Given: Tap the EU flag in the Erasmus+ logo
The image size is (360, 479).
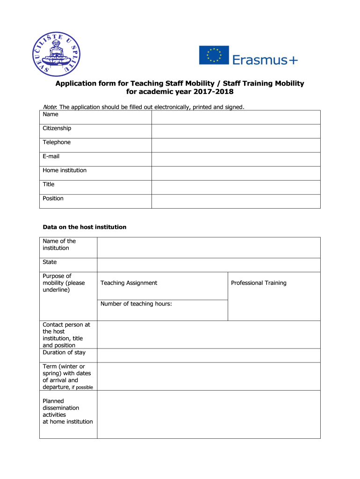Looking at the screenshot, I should point(214,55).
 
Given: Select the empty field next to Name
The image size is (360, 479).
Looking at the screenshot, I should point(236,117).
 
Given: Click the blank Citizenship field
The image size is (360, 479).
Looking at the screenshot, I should point(236,131).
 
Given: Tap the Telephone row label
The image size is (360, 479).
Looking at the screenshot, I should point(57,142).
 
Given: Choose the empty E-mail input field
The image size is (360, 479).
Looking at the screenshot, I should point(236,160).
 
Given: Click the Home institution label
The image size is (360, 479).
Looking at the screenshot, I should point(65,170).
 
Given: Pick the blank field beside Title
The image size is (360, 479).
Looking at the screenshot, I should point(236,188).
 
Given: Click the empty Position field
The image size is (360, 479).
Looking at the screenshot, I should point(236,202).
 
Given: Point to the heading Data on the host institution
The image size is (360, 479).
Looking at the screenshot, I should point(85,227).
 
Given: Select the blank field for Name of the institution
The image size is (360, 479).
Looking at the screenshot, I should point(209,247).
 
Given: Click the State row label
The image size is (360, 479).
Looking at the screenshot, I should point(50,262).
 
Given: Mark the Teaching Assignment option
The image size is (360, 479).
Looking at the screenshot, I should point(129,283).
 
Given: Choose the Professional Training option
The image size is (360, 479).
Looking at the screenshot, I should point(259,283).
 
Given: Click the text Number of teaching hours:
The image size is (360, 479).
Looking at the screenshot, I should point(136,304).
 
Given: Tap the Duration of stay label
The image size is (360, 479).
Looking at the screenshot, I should point(64,352).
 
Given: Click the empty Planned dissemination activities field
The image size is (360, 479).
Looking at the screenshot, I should point(209,414).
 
